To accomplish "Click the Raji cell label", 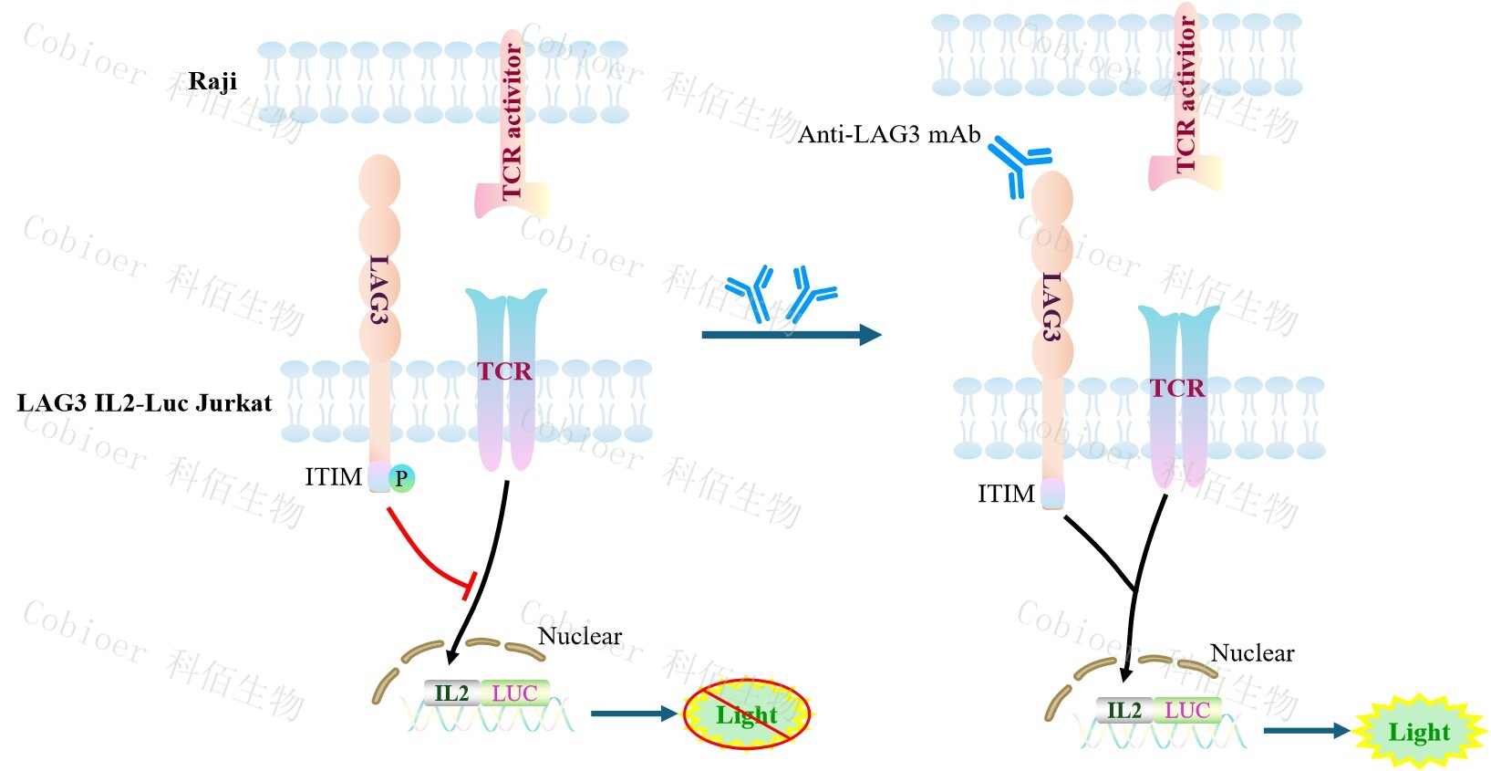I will (212, 81).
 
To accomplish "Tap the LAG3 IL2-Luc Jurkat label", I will (144, 402).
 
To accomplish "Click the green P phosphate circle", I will (401, 477).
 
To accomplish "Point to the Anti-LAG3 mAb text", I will (889, 135).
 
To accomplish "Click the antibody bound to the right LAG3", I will (1019, 164).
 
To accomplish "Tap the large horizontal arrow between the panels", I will (790, 335).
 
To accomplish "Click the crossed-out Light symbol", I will (747, 714).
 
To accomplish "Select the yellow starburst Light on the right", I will (1419, 732).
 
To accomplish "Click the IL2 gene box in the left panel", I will (451, 693).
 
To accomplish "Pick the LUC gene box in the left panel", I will (514, 693).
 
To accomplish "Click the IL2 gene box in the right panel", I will (1123, 711).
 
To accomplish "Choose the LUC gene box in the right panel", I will (1186, 711).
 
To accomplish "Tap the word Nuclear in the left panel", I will (580, 636).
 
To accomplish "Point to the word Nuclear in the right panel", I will (1252, 653).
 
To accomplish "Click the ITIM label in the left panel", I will (334, 477).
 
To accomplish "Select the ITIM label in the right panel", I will (1006, 495).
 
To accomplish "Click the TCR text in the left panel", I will (504, 371).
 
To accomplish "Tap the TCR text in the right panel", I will (1177, 389).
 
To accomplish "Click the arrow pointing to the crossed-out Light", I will (633, 713).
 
